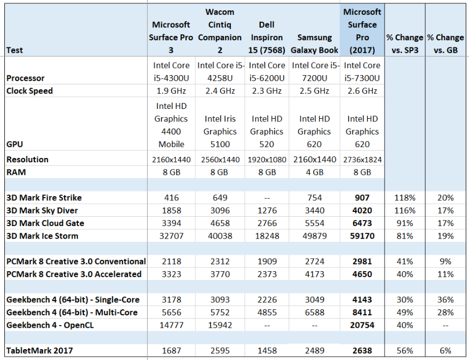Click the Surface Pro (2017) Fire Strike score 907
coord(362,198)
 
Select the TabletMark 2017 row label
coord(40,351)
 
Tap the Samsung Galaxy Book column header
coord(314,44)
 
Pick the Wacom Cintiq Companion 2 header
coord(220,31)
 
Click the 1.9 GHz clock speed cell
coord(171,91)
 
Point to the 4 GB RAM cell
coord(314,172)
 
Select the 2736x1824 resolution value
coord(362,160)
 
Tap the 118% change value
coord(404,198)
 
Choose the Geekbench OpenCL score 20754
coord(362,325)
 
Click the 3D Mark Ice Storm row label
coord(42,236)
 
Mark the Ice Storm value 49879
coord(314,236)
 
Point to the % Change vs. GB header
coord(446,44)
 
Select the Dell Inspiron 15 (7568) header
coord(266,38)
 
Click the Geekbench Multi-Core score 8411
coord(362,313)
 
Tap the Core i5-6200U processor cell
coord(266,71)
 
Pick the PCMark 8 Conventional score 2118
coord(171,261)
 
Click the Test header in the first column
coord(15,51)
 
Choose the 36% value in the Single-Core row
coord(446,300)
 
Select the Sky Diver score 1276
coord(266,210)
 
